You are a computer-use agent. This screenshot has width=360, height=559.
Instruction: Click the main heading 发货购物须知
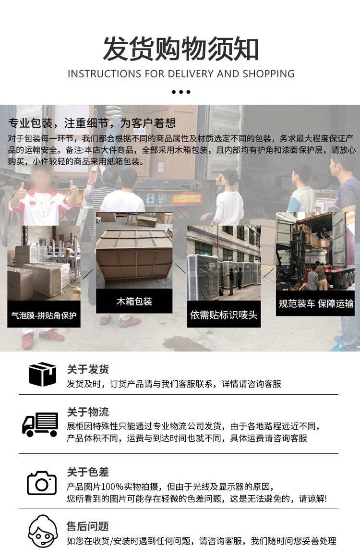pos(180,49)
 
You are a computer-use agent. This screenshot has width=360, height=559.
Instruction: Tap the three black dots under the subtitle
pos(181,92)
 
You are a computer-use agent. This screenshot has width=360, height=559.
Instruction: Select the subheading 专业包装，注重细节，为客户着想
pos(92,123)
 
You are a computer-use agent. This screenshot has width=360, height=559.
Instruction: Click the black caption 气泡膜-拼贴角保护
pos(44,315)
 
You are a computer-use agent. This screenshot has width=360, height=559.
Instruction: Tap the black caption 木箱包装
pos(134,302)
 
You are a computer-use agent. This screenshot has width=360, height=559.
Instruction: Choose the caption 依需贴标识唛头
pos(224,315)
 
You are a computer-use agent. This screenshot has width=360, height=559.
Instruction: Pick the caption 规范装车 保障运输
pos(316,304)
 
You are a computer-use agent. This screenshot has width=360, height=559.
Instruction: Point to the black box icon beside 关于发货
pos(42,374)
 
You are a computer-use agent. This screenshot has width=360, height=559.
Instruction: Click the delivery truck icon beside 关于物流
pos(40,424)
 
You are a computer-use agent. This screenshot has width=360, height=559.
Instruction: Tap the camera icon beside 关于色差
pos(42,483)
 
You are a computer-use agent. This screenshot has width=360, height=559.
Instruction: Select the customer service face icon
pos(43,532)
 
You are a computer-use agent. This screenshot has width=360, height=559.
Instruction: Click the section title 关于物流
pos(88,412)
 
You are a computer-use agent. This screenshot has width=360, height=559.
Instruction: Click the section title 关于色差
pos(88,472)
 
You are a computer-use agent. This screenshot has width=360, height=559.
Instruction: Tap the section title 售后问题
pos(88,526)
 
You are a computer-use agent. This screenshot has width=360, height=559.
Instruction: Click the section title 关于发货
pos(88,369)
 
